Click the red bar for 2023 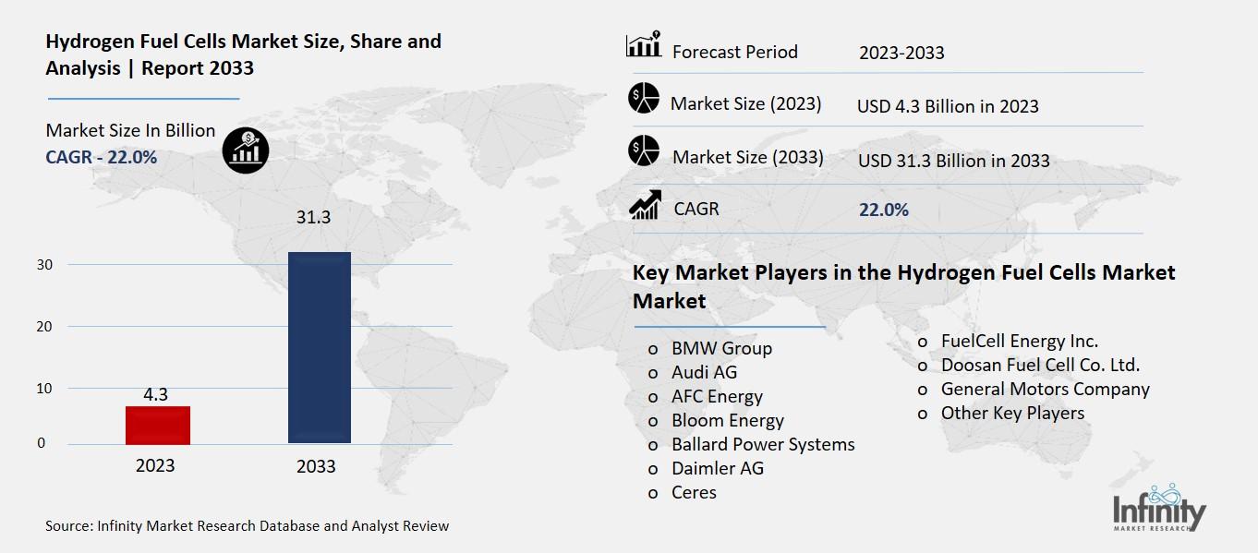click(x=158, y=425)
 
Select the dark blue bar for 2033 click(x=319, y=347)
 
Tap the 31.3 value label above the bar click(x=312, y=218)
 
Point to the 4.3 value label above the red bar click(x=155, y=394)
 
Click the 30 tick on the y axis click(x=46, y=265)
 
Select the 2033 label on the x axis click(x=316, y=467)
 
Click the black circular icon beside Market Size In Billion click(x=245, y=149)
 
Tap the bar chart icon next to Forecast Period click(x=643, y=46)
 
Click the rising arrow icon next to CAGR click(x=644, y=205)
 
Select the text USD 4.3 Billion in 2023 click(x=948, y=106)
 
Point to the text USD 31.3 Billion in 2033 click(x=953, y=161)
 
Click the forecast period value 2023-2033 click(x=901, y=53)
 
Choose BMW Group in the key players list click(x=721, y=348)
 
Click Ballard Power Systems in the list click(x=763, y=444)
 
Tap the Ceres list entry click(x=694, y=492)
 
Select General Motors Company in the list click(x=1045, y=389)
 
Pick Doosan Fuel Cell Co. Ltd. click(x=1040, y=365)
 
